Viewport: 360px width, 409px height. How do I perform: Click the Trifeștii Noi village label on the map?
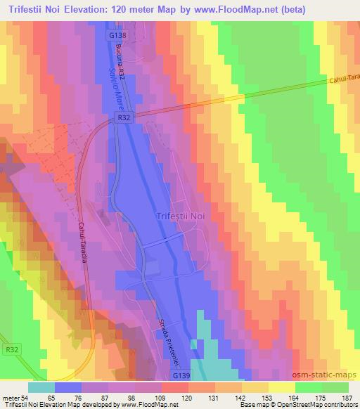pyautogui.click(x=181, y=217)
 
